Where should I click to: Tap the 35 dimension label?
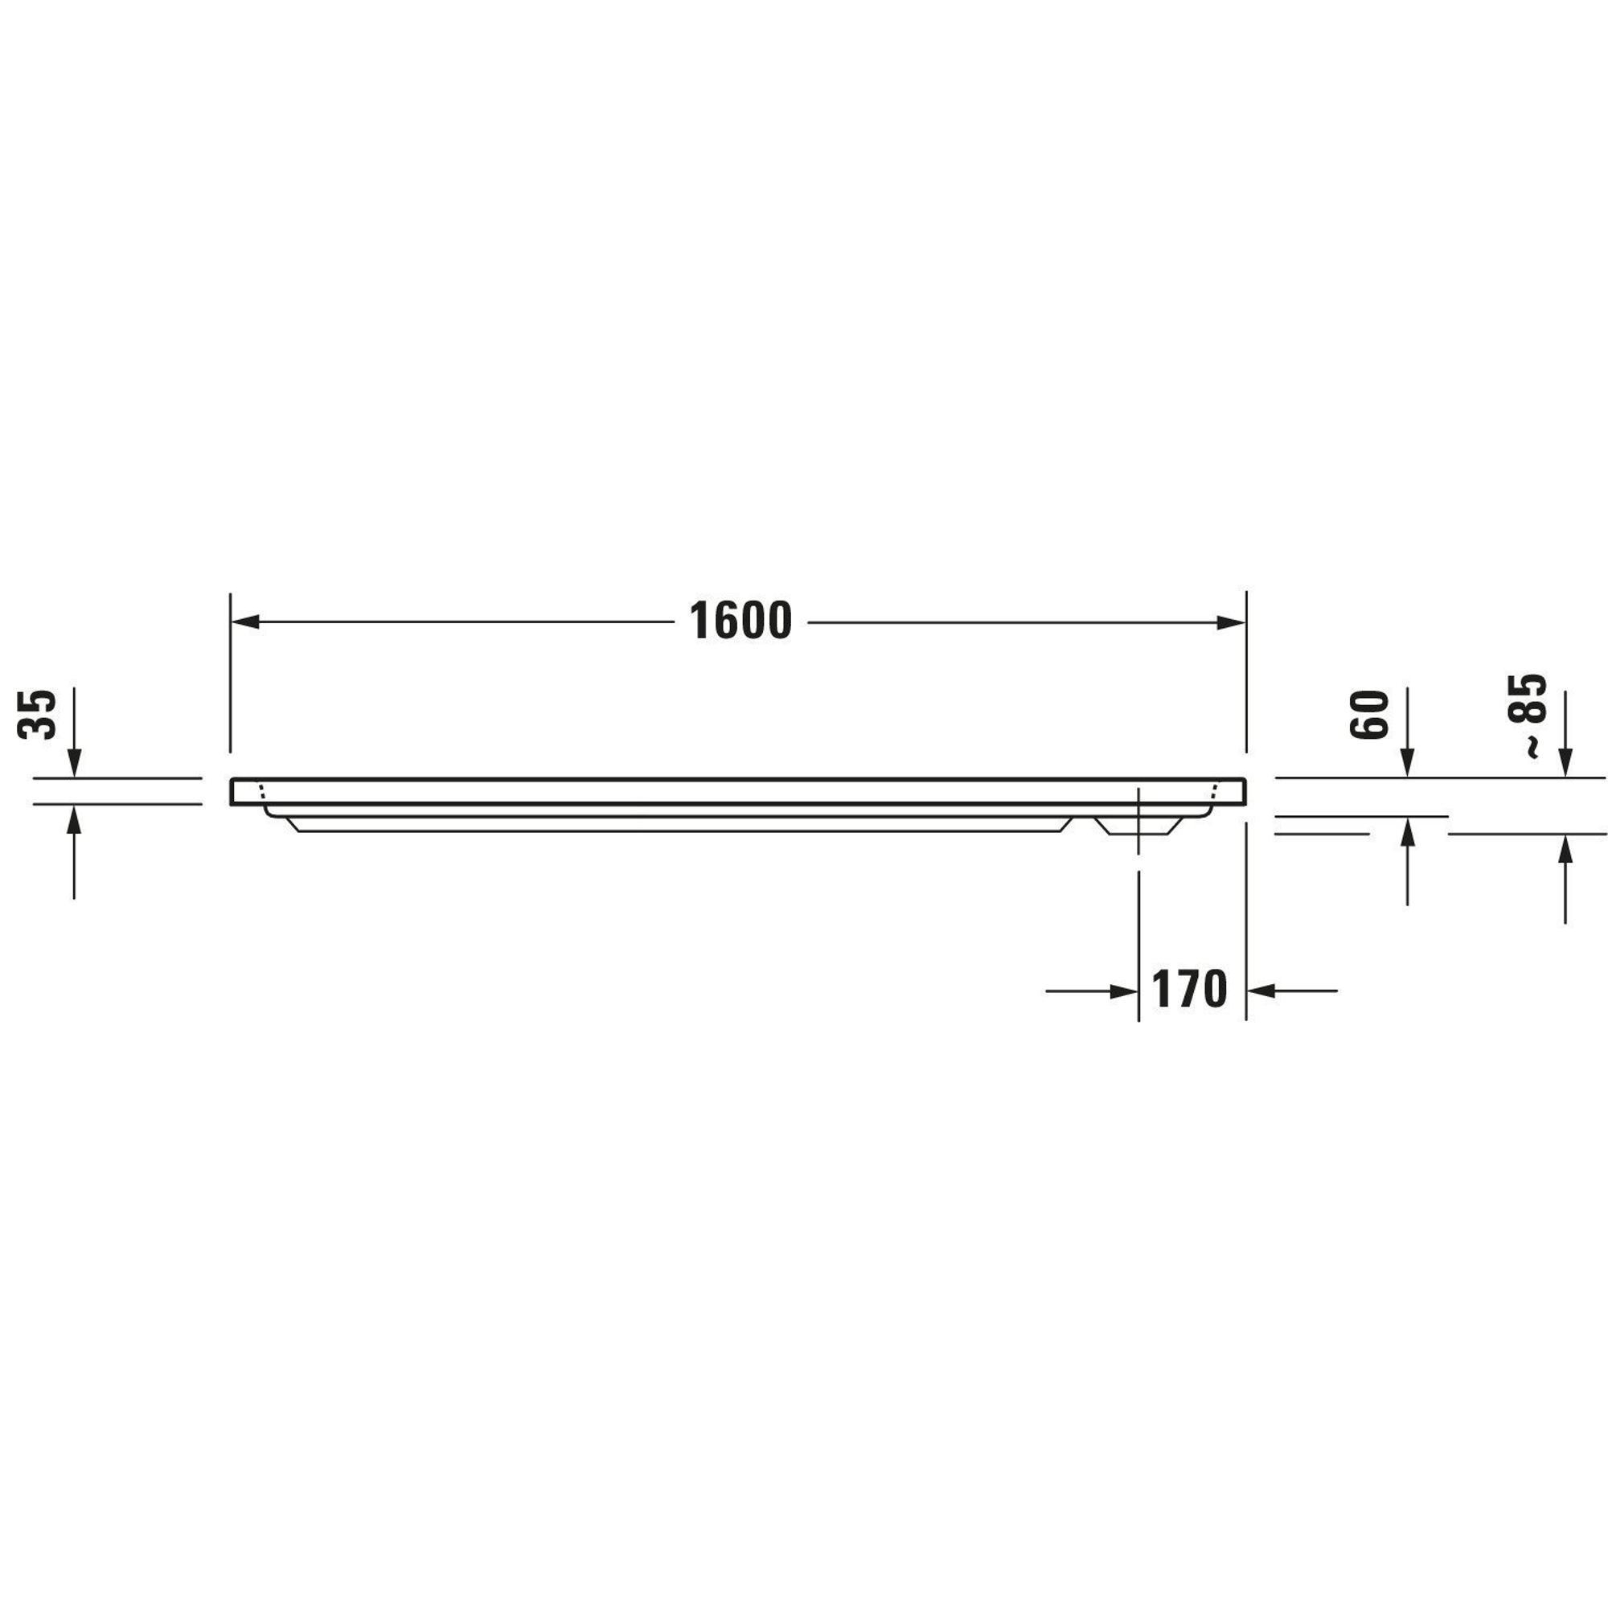point(38,714)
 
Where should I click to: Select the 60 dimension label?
point(1370,714)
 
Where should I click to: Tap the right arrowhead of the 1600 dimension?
point(1231,621)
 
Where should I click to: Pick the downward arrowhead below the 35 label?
point(74,762)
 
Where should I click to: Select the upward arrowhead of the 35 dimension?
point(74,820)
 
